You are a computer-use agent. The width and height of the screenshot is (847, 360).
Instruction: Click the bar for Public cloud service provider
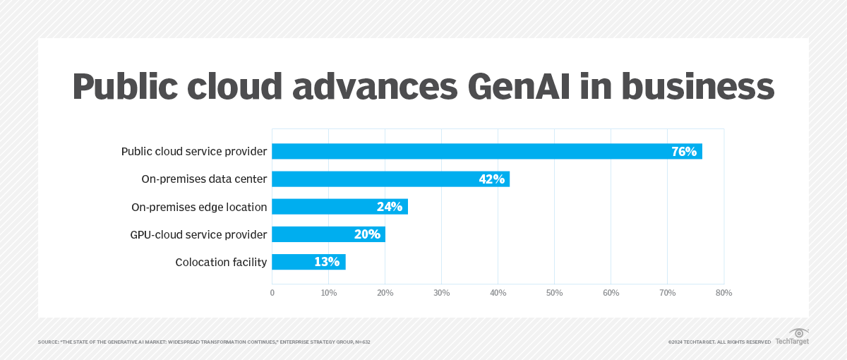(x=487, y=151)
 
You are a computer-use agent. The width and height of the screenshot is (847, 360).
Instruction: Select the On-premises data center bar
(x=390, y=179)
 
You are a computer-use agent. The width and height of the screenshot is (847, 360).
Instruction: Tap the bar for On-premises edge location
(x=340, y=206)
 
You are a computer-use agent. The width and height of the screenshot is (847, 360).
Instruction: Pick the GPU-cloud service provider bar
(x=328, y=234)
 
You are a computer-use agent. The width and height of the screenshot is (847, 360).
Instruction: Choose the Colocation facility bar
(x=308, y=262)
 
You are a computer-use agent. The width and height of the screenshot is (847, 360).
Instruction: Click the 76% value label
(x=683, y=151)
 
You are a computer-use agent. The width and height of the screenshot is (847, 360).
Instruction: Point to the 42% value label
(x=491, y=179)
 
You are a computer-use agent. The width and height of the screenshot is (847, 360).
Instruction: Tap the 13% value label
(x=327, y=262)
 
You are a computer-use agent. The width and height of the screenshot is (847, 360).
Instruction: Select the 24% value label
(x=389, y=206)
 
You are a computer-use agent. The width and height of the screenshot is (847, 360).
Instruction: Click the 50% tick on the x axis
(x=554, y=292)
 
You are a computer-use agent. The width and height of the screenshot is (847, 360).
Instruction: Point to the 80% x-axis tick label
(x=723, y=292)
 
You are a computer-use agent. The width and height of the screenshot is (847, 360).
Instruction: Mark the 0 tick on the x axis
(x=272, y=292)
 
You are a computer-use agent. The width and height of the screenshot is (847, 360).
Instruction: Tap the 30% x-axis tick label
(x=441, y=292)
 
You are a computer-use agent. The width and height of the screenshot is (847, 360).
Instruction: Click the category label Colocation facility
(x=221, y=263)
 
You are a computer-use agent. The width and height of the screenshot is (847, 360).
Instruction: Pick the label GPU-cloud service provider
(x=198, y=234)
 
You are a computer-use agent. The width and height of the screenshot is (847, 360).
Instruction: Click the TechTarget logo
(x=793, y=337)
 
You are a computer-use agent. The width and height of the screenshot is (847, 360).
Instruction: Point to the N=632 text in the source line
(x=362, y=342)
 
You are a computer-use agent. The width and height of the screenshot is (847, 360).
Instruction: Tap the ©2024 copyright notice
(x=719, y=342)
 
